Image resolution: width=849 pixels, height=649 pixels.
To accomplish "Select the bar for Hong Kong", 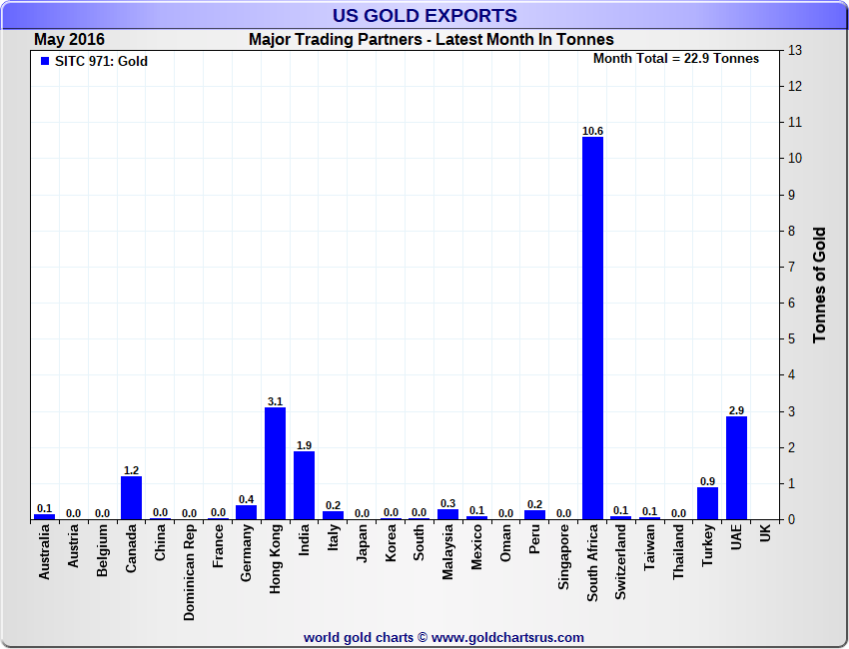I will click(275, 463).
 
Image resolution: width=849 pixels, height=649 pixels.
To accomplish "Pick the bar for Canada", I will click(131, 497).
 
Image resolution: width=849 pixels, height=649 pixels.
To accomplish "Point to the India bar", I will click(304, 485).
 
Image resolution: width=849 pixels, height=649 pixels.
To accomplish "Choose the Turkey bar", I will click(707, 503).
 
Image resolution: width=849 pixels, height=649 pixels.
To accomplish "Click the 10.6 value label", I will click(592, 131).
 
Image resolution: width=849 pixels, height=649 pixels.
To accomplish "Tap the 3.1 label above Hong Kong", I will click(275, 401).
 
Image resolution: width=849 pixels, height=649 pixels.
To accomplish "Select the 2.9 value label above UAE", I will click(736, 410).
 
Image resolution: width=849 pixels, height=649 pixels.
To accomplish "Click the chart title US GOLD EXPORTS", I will click(425, 15).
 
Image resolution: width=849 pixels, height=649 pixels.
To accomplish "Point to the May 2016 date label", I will click(69, 40).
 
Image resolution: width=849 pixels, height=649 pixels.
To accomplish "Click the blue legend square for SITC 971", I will click(44, 62).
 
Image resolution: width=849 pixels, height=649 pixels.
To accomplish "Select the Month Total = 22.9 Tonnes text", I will click(675, 59).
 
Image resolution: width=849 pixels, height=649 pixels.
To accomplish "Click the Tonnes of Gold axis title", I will click(819, 285).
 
